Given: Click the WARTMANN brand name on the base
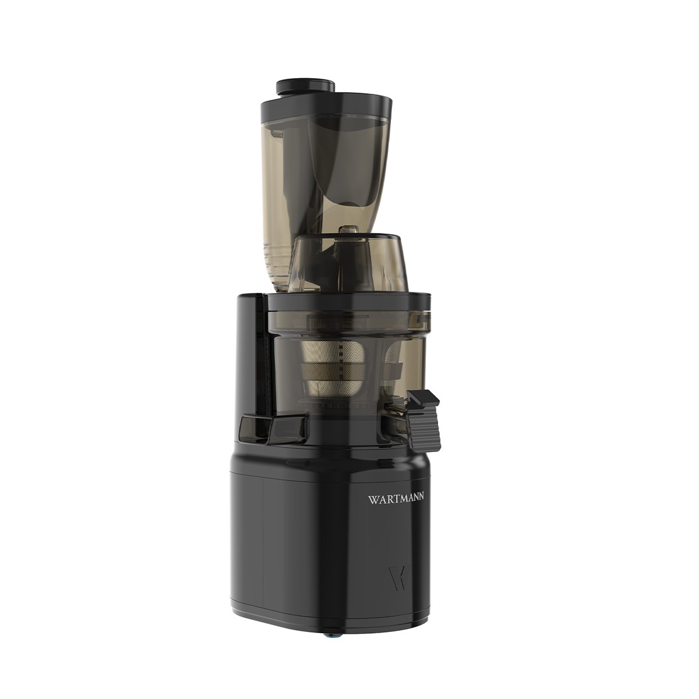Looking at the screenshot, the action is [x=396, y=499].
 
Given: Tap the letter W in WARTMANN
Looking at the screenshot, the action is [x=372, y=499].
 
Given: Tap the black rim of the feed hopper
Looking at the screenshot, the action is [x=326, y=104].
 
